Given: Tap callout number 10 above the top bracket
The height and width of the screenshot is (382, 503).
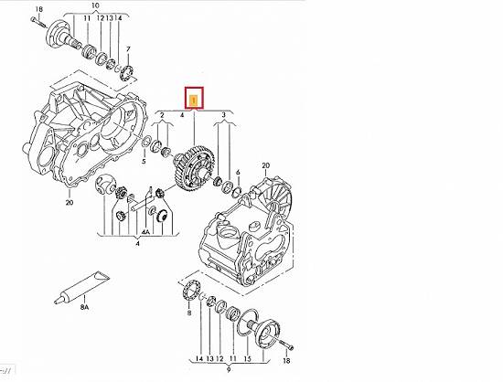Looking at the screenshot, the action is (x=95, y=5).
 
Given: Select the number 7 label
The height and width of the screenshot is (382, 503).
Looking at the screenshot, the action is (x=128, y=49).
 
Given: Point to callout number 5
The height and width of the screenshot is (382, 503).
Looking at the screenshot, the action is (x=144, y=161).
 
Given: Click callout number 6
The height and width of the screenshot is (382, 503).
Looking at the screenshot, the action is (x=238, y=173).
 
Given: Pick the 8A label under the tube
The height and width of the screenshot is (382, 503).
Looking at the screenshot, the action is (x=84, y=307).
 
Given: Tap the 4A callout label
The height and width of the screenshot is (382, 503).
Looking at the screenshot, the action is (x=145, y=232).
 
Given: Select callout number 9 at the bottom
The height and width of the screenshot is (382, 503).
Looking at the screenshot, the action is (x=229, y=370).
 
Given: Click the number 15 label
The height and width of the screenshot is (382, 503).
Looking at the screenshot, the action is (x=247, y=359).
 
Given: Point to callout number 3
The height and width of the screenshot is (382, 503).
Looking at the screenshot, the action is (x=223, y=115).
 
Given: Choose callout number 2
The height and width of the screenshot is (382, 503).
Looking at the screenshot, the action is (x=162, y=115).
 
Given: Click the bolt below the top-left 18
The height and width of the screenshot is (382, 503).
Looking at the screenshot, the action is (x=38, y=23).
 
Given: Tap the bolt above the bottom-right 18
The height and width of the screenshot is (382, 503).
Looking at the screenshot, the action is (x=286, y=345).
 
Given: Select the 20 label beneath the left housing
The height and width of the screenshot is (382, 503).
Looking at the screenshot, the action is (x=70, y=203).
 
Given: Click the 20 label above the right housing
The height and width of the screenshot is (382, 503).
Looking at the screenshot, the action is (x=265, y=165).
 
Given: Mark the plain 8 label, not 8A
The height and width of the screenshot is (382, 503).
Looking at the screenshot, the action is (x=188, y=313).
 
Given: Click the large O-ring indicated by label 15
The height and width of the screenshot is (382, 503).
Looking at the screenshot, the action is (x=248, y=322).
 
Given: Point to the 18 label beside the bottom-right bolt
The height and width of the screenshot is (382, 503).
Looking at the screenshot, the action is (x=286, y=361).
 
